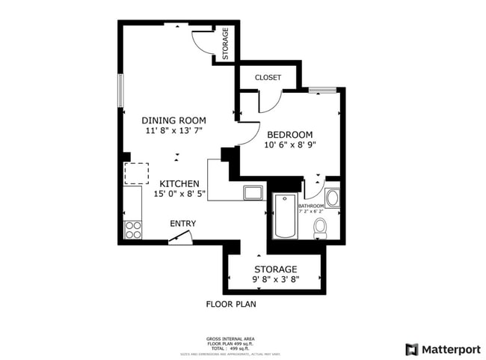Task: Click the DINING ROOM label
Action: pyautogui.click(x=174, y=120)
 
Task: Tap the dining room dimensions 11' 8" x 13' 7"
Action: pyautogui.click(x=174, y=130)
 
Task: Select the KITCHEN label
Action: pyautogui.click(x=179, y=183)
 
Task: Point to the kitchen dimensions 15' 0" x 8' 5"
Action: pyautogui.click(x=179, y=194)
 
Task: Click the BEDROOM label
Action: pyautogui.click(x=290, y=135)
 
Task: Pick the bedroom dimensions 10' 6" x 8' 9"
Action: pyautogui.click(x=290, y=145)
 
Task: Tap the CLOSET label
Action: pyautogui.click(x=268, y=77)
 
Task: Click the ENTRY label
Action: pyautogui.click(x=183, y=223)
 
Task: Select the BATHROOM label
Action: pyautogui.click(x=312, y=206)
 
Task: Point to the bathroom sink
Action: pyautogui.click(x=333, y=198)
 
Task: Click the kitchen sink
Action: pyautogui.click(x=253, y=192)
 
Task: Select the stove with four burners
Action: pyautogui.click(x=133, y=230)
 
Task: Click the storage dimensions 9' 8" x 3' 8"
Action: pyautogui.click(x=276, y=280)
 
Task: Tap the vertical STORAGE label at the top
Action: pyautogui.click(x=225, y=44)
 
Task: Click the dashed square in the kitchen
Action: pyautogui.click(x=137, y=173)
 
